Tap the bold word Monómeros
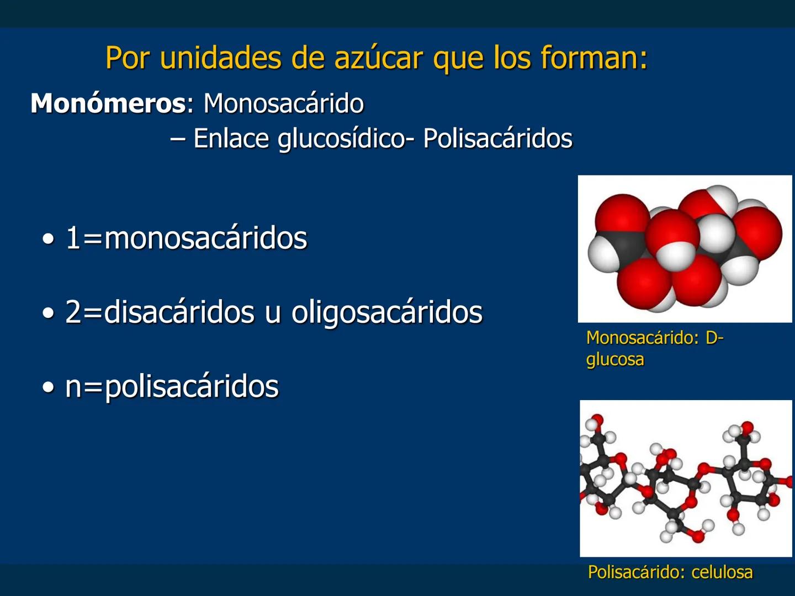108,103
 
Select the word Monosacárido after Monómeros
284,103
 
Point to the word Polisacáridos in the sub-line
497,139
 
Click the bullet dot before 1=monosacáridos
49,240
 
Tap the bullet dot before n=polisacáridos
49,387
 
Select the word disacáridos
179,312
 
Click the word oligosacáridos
386,312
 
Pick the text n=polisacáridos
172,386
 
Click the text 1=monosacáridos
186,238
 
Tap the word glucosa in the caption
615,360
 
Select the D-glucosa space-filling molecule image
685,249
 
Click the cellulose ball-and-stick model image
686,478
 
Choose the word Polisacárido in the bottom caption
634,572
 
